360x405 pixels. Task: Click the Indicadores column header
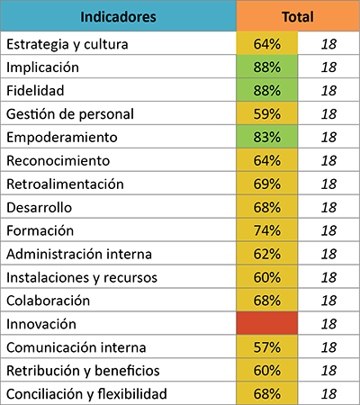click(118, 17)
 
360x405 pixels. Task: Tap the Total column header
click(298, 17)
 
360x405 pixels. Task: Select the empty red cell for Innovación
click(267, 323)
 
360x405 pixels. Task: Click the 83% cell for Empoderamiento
click(267, 137)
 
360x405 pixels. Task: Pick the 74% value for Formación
click(267, 230)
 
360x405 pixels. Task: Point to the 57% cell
click(267, 347)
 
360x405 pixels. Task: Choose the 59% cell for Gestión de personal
click(267, 113)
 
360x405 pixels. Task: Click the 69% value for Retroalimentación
click(267, 184)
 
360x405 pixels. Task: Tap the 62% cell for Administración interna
click(267, 254)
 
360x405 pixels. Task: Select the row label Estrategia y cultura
click(67, 45)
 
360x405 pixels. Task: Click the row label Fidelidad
click(35, 91)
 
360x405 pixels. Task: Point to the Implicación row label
click(42, 67)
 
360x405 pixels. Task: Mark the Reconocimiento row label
click(58, 160)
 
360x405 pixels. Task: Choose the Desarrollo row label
click(40, 207)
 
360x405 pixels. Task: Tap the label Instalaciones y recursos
click(82, 278)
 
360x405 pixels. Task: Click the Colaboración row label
click(49, 301)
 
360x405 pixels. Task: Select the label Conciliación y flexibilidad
click(86, 394)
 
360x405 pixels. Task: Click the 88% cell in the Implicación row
click(267, 67)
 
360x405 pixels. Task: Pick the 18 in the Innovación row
click(328, 324)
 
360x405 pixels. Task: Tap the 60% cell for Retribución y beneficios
click(267, 371)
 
